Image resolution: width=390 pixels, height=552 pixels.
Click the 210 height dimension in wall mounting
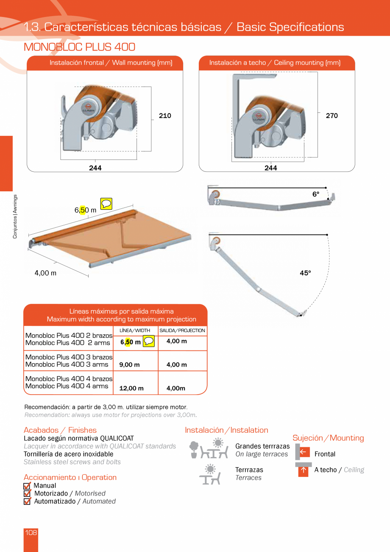(x=165, y=116)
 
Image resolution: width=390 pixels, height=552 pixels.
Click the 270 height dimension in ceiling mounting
(x=331, y=116)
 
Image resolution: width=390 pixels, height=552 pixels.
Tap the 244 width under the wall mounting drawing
(x=95, y=168)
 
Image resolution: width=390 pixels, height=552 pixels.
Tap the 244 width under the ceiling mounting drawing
(x=270, y=168)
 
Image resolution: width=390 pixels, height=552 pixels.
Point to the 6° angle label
(x=316, y=194)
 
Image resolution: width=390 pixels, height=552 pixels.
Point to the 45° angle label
(x=305, y=273)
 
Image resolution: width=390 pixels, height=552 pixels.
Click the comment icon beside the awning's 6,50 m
(x=106, y=204)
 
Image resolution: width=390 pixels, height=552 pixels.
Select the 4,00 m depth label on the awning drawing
(x=45, y=273)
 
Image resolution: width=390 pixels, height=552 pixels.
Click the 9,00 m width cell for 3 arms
(x=129, y=365)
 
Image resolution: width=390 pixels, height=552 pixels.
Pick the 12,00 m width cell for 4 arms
(x=131, y=388)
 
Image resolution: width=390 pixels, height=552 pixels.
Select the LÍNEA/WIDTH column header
(x=135, y=331)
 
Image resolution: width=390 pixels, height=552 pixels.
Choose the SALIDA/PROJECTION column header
(x=182, y=331)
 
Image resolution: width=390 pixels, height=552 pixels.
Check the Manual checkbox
(x=27, y=486)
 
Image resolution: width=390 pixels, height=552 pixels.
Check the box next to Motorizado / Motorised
(x=27, y=493)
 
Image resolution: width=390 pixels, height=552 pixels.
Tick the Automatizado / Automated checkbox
(x=27, y=502)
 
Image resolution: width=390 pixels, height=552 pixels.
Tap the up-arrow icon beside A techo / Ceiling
(x=303, y=471)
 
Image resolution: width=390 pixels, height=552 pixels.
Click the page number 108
(x=31, y=533)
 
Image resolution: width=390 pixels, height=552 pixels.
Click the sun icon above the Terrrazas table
(x=210, y=469)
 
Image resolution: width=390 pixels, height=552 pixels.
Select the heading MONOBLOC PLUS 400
(x=80, y=47)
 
